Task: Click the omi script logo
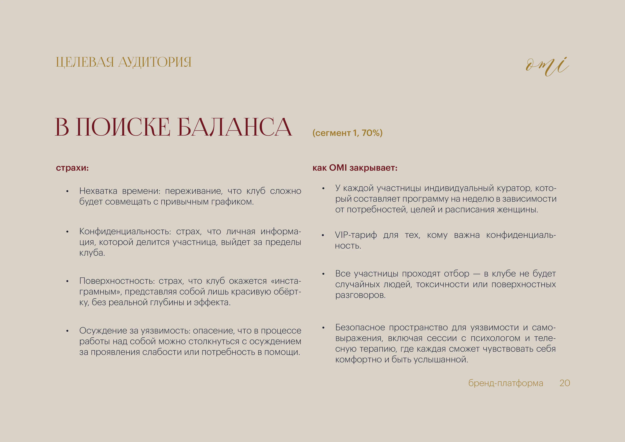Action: coord(547,67)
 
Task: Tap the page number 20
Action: coord(565,383)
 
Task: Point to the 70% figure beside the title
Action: coord(370,133)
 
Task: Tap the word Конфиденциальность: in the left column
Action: coord(125,231)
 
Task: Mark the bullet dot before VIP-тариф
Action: coord(323,235)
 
